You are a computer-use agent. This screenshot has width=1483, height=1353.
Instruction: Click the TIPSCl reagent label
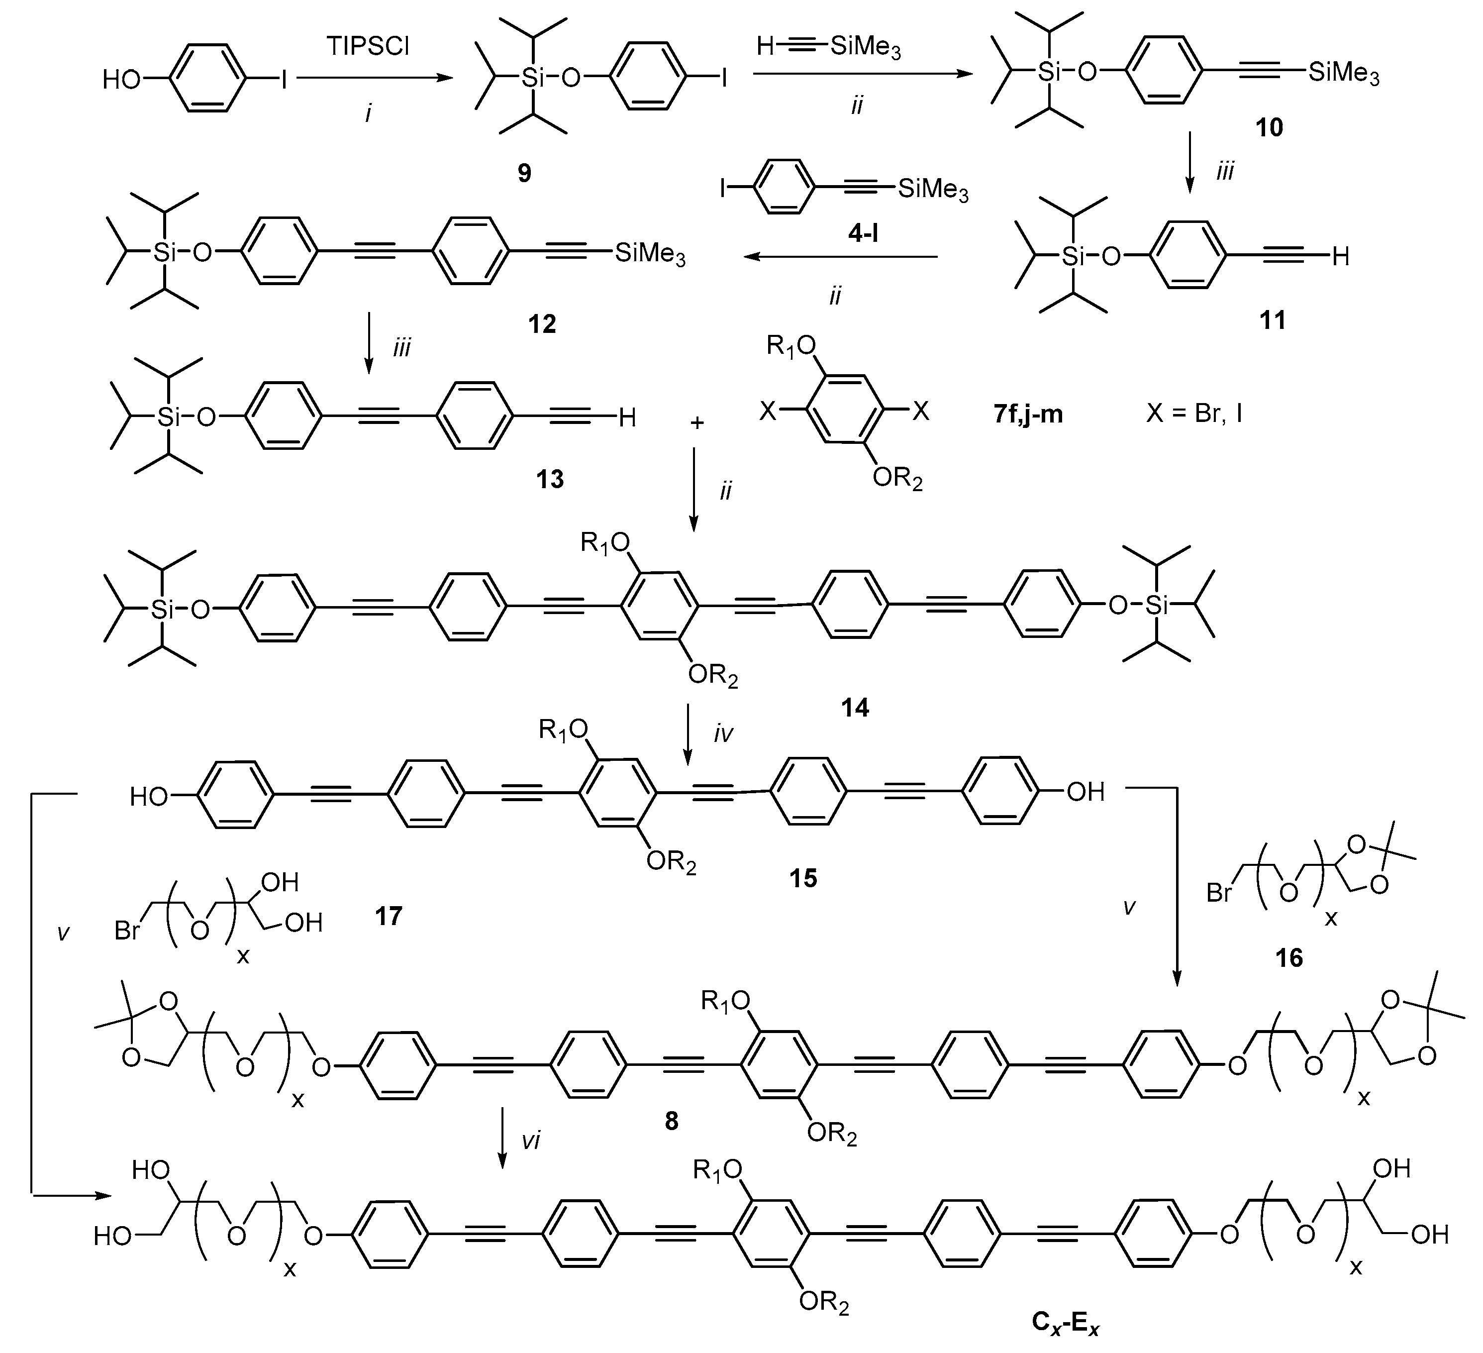pyautogui.click(x=368, y=46)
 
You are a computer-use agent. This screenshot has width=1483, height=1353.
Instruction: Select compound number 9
pyautogui.click(x=524, y=174)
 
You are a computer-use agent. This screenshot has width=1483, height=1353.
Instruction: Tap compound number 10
pyautogui.click(x=1269, y=128)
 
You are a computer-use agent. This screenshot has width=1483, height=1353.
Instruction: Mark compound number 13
pyautogui.click(x=550, y=479)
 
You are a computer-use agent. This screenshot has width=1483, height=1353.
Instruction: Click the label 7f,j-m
pyautogui.click(x=1028, y=414)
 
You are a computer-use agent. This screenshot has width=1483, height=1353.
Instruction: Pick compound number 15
pyautogui.click(x=803, y=878)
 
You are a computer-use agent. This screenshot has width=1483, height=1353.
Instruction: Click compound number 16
pyautogui.click(x=1289, y=957)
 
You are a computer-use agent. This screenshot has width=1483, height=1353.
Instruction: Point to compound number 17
pyautogui.click(x=389, y=916)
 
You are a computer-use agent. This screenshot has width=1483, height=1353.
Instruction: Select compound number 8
pyautogui.click(x=671, y=1121)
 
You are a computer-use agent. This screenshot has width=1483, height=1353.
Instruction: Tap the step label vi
pyautogui.click(x=531, y=1141)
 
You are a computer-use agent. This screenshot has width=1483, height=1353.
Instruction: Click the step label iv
pyautogui.click(x=723, y=733)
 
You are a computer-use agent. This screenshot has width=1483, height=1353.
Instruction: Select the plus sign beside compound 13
pyautogui.click(x=696, y=422)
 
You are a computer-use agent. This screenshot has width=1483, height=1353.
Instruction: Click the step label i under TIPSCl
pyautogui.click(x=368, y=112)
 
